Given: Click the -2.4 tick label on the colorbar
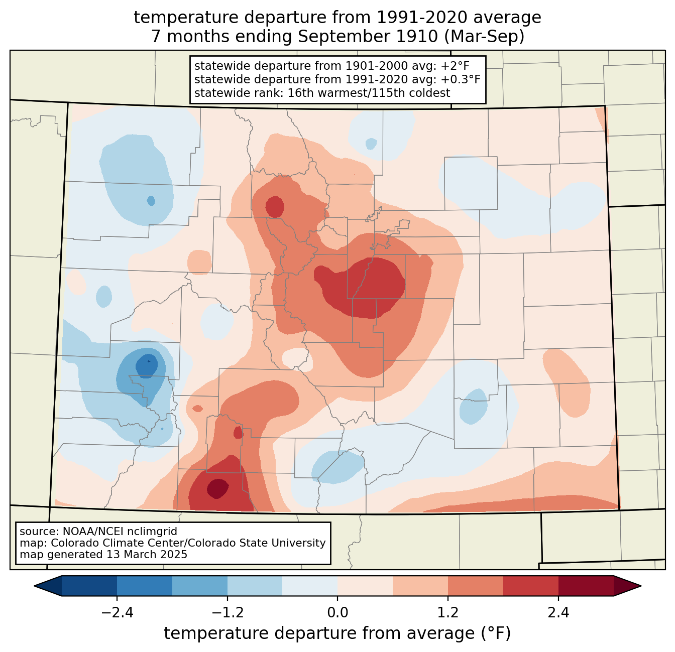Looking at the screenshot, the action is pyautogui.click(x=117, y=613).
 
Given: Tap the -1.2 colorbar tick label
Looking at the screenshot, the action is pyautogui.click(x=228, y=613).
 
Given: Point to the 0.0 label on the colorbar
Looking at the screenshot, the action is pyautogui.click(x=338, y=613).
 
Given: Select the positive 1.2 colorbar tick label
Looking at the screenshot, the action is pyautogui.click(x=448, y=613).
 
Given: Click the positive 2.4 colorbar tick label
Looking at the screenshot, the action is pyautogui.click(x=558, y=613).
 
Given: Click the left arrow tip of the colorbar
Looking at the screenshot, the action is pyautogui.click(x=34, y=586).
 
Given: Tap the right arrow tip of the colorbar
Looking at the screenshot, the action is pyautogui.click(x=641, y=586).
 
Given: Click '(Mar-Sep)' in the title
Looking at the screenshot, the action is pyautogui.click(x=484, y=37).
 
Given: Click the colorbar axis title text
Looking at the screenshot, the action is pyautogui.click(x=337, y=633).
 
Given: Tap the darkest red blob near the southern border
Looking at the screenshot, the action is pyautogui.click(x=217, y=488).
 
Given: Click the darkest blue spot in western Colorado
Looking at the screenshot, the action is pyautogui.click(x=147, y=366).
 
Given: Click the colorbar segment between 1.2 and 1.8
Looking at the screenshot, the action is pyautogui.click(x=476, y=586).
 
